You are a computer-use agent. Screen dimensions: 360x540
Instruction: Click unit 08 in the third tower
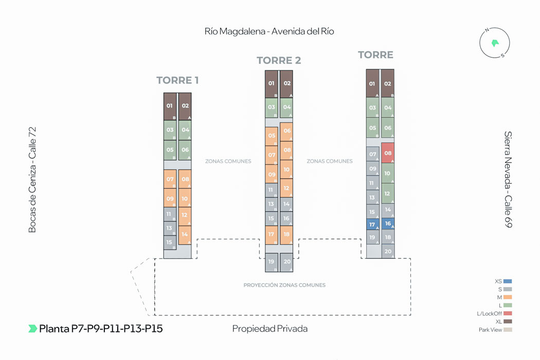(388, 153)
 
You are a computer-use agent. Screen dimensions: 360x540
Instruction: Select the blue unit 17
(373, 225)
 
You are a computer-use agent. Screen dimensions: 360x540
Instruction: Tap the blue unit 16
(388, 224)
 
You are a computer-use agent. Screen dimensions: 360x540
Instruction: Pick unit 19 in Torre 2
(272, 262)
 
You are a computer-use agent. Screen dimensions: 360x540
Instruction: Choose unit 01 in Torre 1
(170, 106)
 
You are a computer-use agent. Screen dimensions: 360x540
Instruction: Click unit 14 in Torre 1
(185, 235)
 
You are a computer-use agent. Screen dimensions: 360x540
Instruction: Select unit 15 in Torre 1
(170, 242)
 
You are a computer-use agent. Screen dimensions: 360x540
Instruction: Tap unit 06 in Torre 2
(287, 131)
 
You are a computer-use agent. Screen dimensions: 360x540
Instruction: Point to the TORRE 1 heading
(177, 80)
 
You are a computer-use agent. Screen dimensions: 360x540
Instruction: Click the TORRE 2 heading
(279, 61)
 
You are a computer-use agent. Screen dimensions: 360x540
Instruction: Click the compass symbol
(495, 43)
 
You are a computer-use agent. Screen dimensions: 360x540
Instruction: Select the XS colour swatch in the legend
(508, 281)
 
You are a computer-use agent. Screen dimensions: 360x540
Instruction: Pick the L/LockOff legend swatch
(508, 313)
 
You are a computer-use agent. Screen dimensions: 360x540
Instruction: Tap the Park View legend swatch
(508, 330)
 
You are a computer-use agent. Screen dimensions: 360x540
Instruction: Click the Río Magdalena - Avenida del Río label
(269, 31)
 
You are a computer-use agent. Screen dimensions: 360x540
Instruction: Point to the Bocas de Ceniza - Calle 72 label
(33, 180)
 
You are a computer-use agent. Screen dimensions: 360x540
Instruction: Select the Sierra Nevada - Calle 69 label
(508, 179)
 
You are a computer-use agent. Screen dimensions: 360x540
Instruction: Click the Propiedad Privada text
(270, 329)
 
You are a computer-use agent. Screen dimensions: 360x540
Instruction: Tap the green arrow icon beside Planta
(32, 329)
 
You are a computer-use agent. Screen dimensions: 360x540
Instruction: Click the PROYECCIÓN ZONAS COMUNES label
(284, 285)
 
